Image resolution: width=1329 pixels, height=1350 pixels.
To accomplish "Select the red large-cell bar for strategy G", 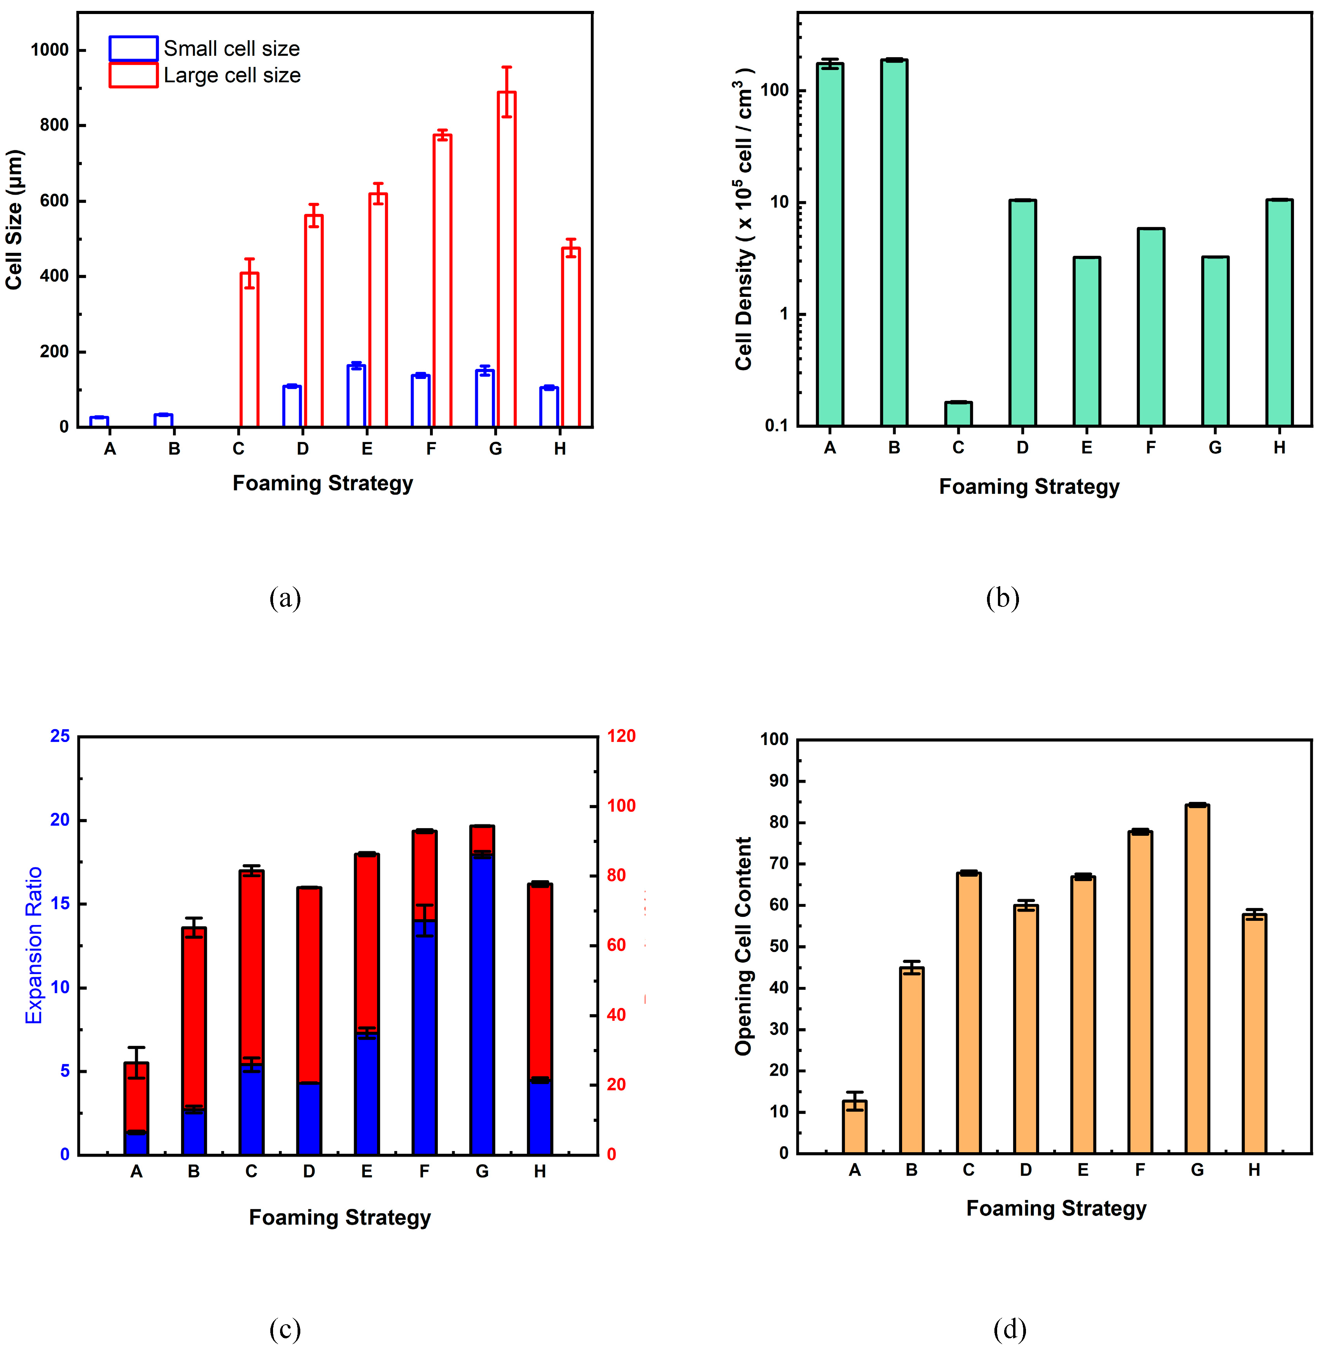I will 507,258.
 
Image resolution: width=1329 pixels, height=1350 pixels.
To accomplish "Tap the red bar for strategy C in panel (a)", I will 249,349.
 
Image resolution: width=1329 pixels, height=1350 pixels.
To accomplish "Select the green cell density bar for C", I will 958,414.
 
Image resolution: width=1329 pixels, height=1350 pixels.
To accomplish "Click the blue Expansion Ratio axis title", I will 33,946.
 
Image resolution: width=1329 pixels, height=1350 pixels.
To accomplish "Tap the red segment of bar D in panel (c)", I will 309,984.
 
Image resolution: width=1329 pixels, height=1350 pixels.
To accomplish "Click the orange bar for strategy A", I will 854,1127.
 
